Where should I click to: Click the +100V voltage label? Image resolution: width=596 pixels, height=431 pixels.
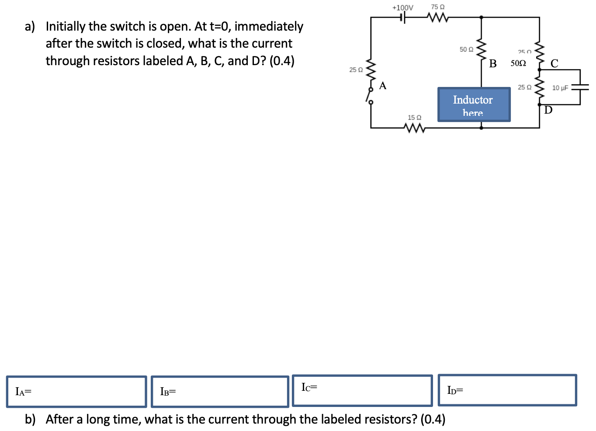coord(402,7)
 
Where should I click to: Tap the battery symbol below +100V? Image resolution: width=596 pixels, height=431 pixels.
coord(403,17)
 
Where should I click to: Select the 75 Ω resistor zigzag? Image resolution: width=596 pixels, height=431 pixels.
coord(437,17)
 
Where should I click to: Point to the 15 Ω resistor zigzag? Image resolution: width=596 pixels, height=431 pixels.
coord(414,128)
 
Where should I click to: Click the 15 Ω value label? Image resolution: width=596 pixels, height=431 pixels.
coord(414,118)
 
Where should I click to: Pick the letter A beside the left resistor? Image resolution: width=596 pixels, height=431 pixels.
coord(383,86)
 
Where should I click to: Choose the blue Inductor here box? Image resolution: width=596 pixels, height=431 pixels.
coord(474,104)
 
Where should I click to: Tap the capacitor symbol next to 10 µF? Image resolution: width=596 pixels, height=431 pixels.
coord(580,87)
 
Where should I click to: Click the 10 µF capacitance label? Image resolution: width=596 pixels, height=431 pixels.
coord(560,88)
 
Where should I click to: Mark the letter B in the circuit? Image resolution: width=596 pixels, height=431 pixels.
coord(493,64)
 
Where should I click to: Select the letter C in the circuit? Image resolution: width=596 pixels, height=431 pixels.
coord(554,64)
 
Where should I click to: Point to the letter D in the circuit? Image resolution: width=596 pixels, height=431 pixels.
coord(548,110)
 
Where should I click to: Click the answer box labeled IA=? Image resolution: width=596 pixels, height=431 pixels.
coord(76,391)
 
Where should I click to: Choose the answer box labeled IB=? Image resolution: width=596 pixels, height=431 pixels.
coord(220,391)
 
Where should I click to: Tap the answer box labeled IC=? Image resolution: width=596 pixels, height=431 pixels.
coord(362,390)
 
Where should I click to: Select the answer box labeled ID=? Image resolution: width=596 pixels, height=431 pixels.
coord(507,390)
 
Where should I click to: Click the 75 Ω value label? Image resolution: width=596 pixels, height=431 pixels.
coord(437,7)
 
